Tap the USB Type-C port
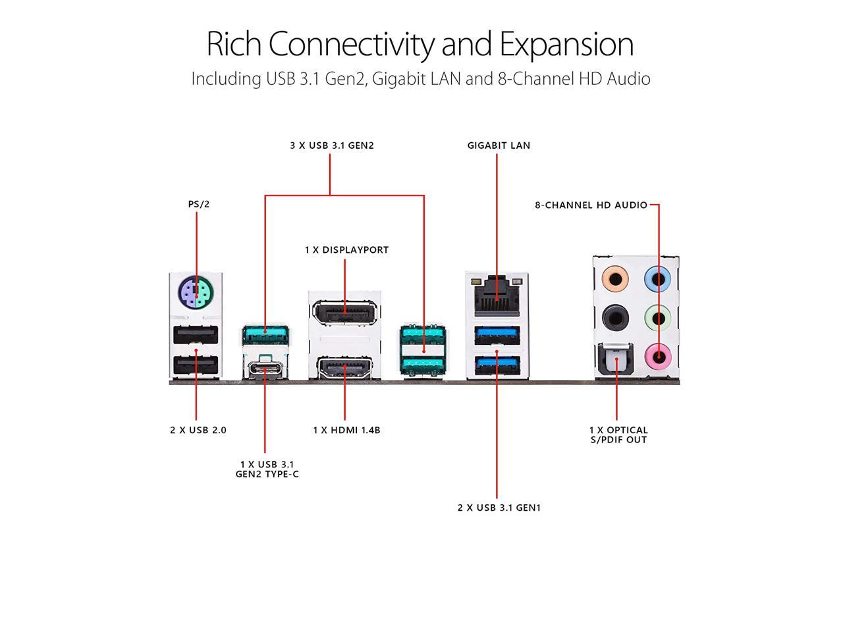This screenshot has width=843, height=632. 265,369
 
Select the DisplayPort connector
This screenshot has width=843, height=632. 344,312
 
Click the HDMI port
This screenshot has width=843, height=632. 344,367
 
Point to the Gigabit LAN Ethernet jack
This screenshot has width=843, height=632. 497,295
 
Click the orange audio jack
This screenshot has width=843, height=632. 615,278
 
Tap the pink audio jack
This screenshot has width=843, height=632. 659,356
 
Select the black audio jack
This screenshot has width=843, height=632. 615,317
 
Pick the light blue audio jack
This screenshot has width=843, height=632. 658,278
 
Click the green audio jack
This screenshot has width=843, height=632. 658,317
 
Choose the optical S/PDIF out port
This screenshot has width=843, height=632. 616,360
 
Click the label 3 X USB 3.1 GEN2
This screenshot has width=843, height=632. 332,145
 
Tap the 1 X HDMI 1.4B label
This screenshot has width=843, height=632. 346,430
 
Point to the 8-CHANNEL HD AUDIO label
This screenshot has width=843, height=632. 591,205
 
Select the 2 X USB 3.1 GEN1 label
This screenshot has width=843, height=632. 499,508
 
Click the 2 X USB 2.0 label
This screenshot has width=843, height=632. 198,430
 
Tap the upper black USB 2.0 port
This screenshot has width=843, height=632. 196,334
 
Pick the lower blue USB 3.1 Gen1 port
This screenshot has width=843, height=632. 497,365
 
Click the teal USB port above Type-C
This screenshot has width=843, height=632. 265,334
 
